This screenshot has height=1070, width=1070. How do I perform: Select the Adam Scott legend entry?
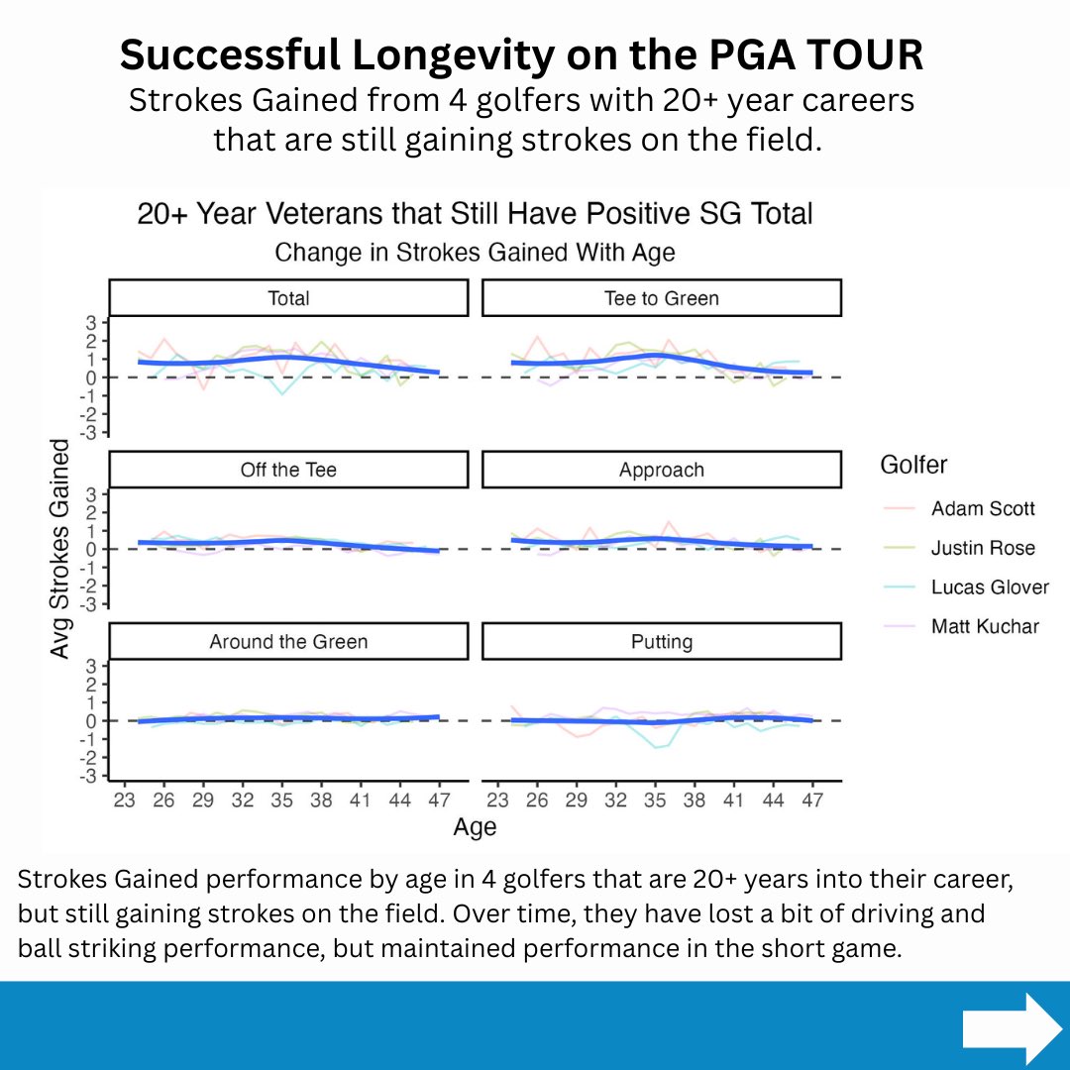[x=982, y=508]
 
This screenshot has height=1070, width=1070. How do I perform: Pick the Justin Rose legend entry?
[x=982, y=548]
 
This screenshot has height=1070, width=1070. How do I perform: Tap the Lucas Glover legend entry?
[x=988, y=587]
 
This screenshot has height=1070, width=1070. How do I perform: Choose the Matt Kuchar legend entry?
[x=984, y=626]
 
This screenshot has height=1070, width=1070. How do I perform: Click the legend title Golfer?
[x=912, y=464]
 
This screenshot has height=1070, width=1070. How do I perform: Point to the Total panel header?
[x=288, y=298]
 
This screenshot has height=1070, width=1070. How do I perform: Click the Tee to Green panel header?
[x=662, y=298]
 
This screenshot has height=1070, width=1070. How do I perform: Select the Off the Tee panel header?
[x=288, y=470]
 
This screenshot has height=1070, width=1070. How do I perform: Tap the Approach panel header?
[x=662, y=470]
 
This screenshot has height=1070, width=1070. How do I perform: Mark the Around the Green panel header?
[x=288, y=642]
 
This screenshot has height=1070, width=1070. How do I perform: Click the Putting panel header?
[x=662, y=642]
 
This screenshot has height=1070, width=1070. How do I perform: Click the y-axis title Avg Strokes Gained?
[x=60, y=550]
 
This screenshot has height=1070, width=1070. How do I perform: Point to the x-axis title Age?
[x=475, y=827]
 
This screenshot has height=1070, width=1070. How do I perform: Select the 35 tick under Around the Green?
[x=281, y=800]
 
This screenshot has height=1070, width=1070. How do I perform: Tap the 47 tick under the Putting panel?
[x=811, y=800]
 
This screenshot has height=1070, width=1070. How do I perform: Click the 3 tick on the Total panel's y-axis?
[x=90, y=322]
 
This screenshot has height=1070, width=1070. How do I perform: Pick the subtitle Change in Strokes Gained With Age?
[x=475, y=253]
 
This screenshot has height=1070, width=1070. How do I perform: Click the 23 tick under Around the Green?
[x=124, y=800]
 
